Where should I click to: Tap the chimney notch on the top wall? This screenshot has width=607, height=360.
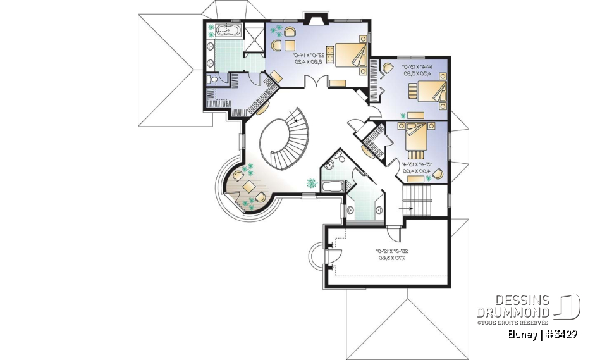tap(314, 16)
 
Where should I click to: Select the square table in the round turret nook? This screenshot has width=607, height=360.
tap(249, 187)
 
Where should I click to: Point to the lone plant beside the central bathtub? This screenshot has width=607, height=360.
tap(311, 183)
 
